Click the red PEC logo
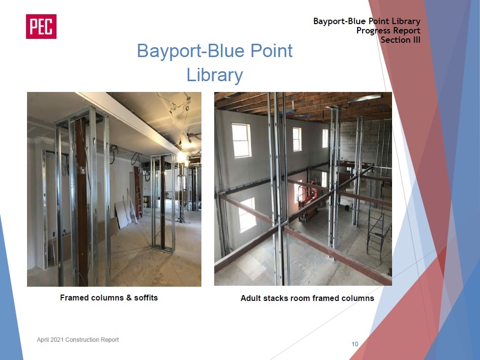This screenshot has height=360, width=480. click(41, 27)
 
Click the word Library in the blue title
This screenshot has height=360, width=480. click(215, 75)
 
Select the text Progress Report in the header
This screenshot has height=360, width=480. click(388, 30)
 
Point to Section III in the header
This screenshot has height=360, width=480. click(400, 40)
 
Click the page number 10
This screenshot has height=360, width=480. click(355, 344)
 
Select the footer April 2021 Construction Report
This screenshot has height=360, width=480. click(78, 340)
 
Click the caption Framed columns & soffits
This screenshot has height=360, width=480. click(109, 298)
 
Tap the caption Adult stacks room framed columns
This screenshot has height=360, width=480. click(308, 299)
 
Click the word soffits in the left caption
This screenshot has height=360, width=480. click(146, 298)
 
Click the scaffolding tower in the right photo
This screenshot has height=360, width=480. click(379, 233)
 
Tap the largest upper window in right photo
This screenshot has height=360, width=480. click(242, 140)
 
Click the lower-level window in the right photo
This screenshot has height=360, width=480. click(247, 214)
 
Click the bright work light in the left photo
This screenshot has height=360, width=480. click(182, 157)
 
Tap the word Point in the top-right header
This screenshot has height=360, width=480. click(378, 21)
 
